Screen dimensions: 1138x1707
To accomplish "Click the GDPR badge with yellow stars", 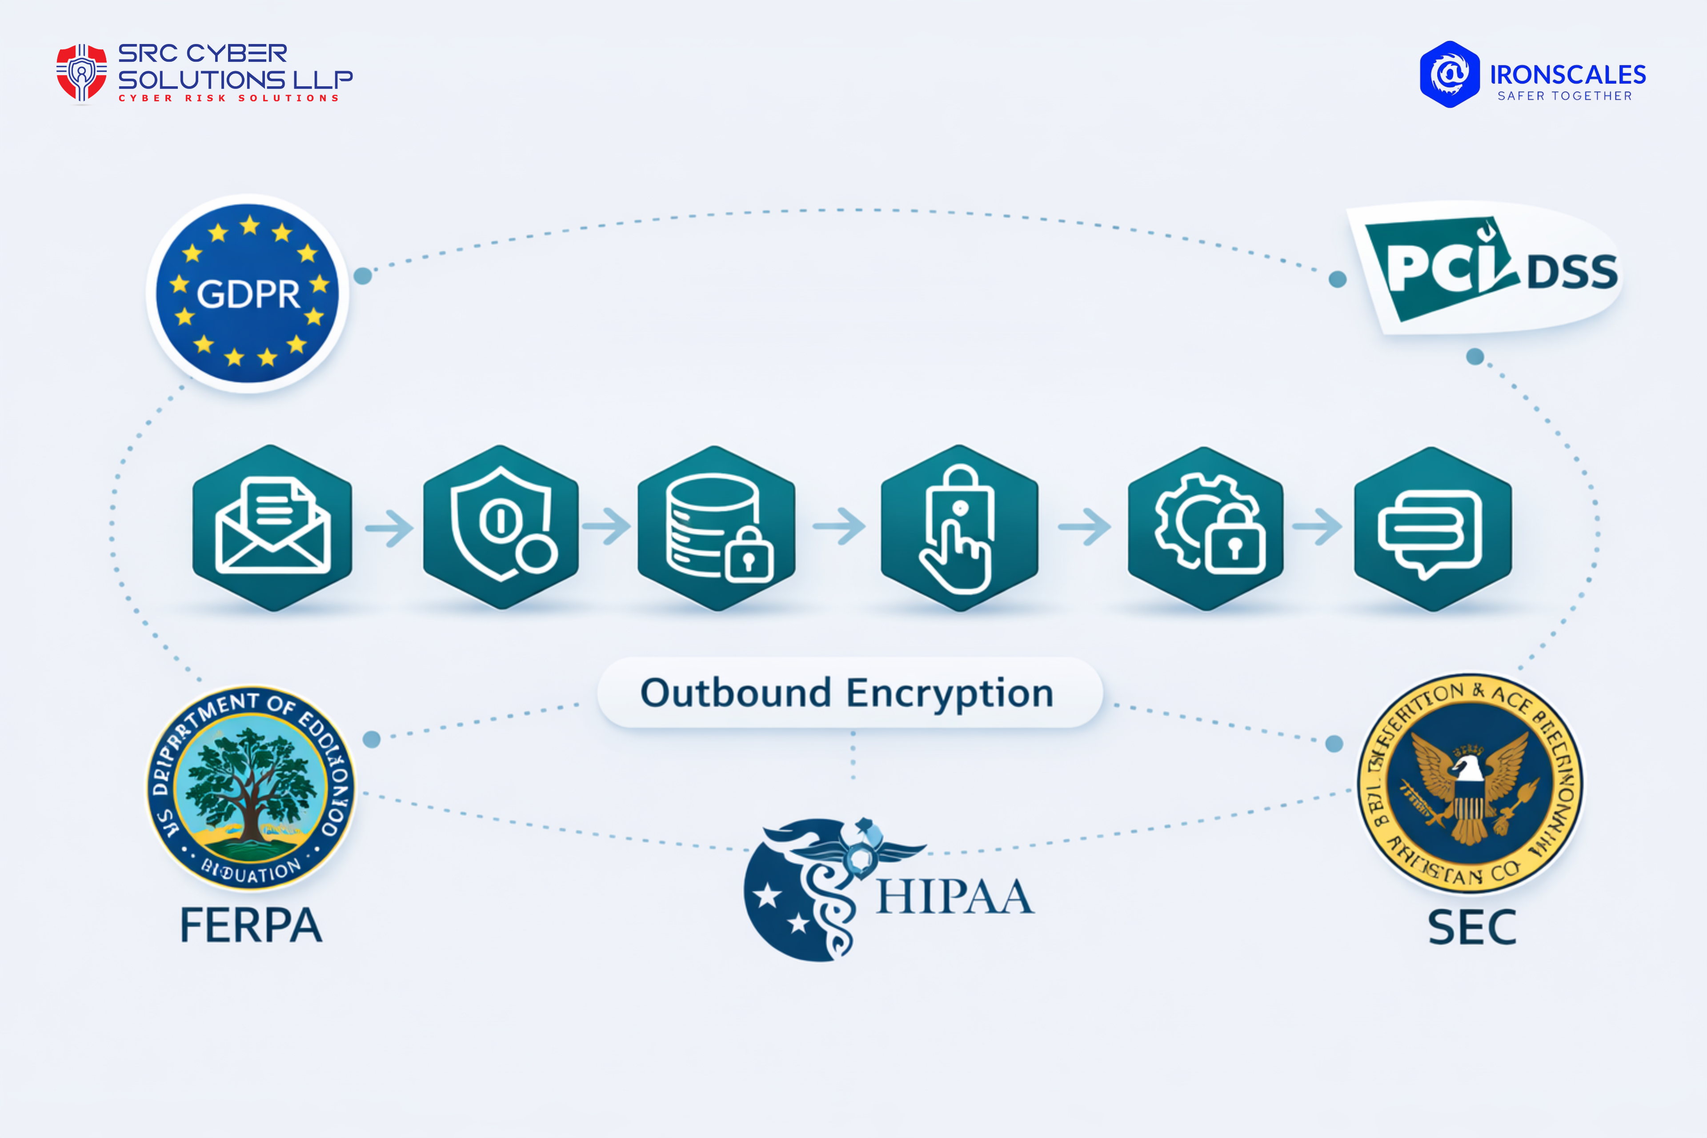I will tap(248, 293).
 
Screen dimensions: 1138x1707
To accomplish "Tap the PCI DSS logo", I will tap(1488, 268).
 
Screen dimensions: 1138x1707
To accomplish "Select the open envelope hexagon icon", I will tap(272, 528).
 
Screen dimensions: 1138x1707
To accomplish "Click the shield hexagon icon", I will tap(501, 528).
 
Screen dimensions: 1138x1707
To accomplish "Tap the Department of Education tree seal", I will tap(250, 787).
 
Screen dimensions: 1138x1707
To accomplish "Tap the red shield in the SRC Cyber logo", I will tap(81, 72).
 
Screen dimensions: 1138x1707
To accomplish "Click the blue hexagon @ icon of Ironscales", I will tap(1449, 74).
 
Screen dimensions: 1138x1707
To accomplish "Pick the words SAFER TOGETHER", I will tap(1565, 96).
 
